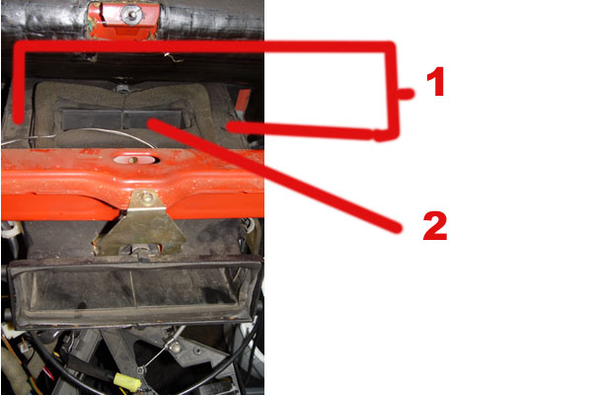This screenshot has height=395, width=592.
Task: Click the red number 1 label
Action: (x=436, y=82)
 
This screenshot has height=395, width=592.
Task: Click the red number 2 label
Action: (x=435, y=226)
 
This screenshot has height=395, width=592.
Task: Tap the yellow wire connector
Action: (x=127, y=381)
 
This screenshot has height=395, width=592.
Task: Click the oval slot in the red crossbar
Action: (x=135, y=160)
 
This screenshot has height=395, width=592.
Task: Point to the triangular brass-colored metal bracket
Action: (x=141, y=223)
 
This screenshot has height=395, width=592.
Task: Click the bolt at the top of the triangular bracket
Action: (x=146, y=197)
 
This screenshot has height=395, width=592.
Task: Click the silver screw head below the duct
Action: (x=175, y=345)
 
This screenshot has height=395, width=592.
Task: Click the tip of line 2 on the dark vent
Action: (x=151, y=122)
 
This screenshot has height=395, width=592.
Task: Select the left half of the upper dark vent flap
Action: (x=92, y=118)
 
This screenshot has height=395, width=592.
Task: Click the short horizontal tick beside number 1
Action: (x=406, y=94)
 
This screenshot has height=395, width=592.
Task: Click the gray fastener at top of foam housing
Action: (x=121, y=89)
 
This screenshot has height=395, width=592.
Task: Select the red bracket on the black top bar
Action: (x=123, y=20)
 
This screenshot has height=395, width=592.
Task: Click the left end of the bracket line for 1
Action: (x=18, y=120)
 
